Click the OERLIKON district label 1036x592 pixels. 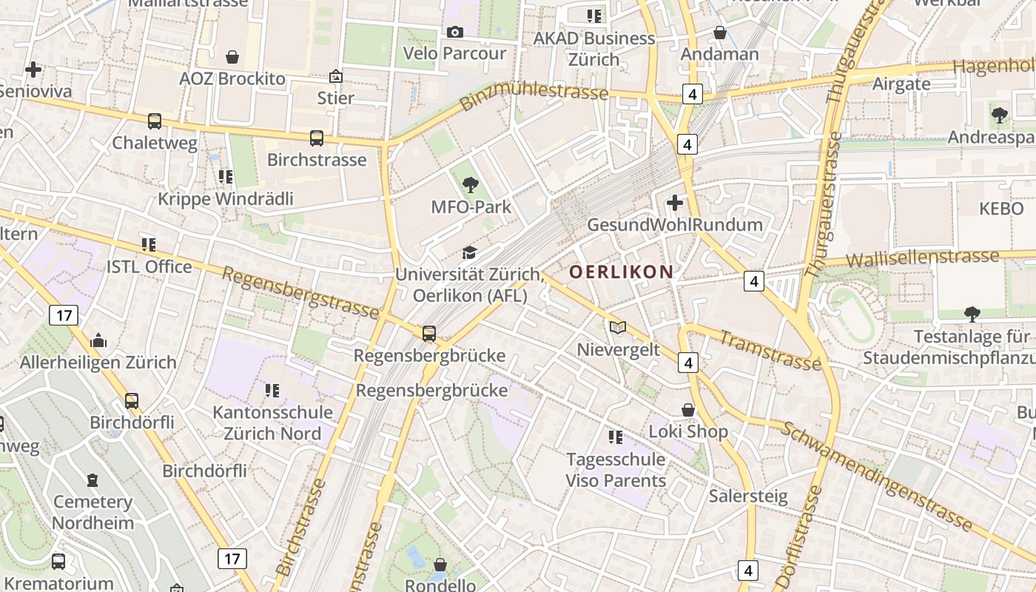pyautogui.click(x=621, y=272)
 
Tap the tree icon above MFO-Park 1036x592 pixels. pyautogui.click(x=470, y=185)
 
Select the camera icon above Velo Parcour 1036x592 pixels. pyautogui.click(x=454, y=32)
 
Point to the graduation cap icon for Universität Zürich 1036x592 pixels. pyautogui.click(x=469, y=253)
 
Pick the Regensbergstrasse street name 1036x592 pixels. pyautogui.click(x=300, y=292)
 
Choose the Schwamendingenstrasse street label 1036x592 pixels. pyautogui.click(x=877, y=476)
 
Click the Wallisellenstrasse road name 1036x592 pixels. pyautogui.click(x=922, y=259)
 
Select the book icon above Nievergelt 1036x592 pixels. pyautogui.click(x=617, y=327)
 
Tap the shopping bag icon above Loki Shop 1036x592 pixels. pyautogui.click(x=688, y=409)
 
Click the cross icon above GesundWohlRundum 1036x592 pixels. pyautogui.click(x=675, y=202)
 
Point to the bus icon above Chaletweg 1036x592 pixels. pyautogui.click(x=154, y=121)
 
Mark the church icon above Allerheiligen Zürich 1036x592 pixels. pyautogui.click(x=98, y=340)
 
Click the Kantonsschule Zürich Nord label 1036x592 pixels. pyautogui.click(x=273, y=423)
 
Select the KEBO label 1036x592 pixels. pyautogui.click(x=1000, y=209)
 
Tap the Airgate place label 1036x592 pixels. pyautogui.click(x=901, y=83)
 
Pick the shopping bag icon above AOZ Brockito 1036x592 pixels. pyautogui.click(x=232, y=57)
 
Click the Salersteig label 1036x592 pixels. pyautogui.click(x=748, y=496)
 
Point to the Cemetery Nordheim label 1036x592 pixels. pyautogui.click(x=92, y=512)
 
